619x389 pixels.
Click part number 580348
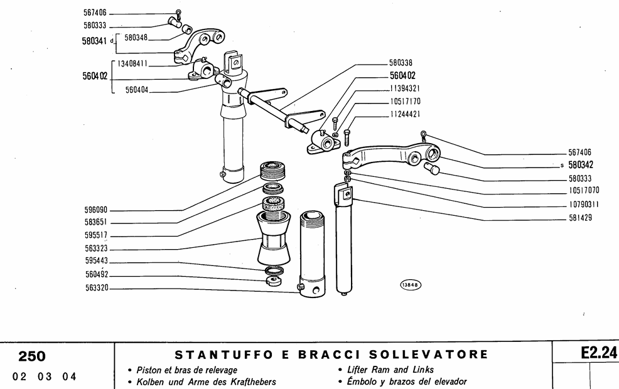coord(136,38)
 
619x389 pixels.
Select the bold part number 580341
coord(95,42)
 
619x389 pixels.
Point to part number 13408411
coord(132,63)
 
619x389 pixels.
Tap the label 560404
coord(136,90)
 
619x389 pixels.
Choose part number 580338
coord(401,63)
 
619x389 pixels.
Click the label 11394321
coord(404,88)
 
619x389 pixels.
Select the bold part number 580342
coord(581,166)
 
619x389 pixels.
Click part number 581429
coord(581,218)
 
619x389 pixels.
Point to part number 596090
coord(96,211)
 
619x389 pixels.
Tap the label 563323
coord(96,249)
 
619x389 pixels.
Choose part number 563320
coord(96,290)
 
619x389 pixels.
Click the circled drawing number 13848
coord(411,284)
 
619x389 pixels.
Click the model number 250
coord(31,356)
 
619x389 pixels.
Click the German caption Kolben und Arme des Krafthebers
coord(202,381)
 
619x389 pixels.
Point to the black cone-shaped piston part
coord(274,242)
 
